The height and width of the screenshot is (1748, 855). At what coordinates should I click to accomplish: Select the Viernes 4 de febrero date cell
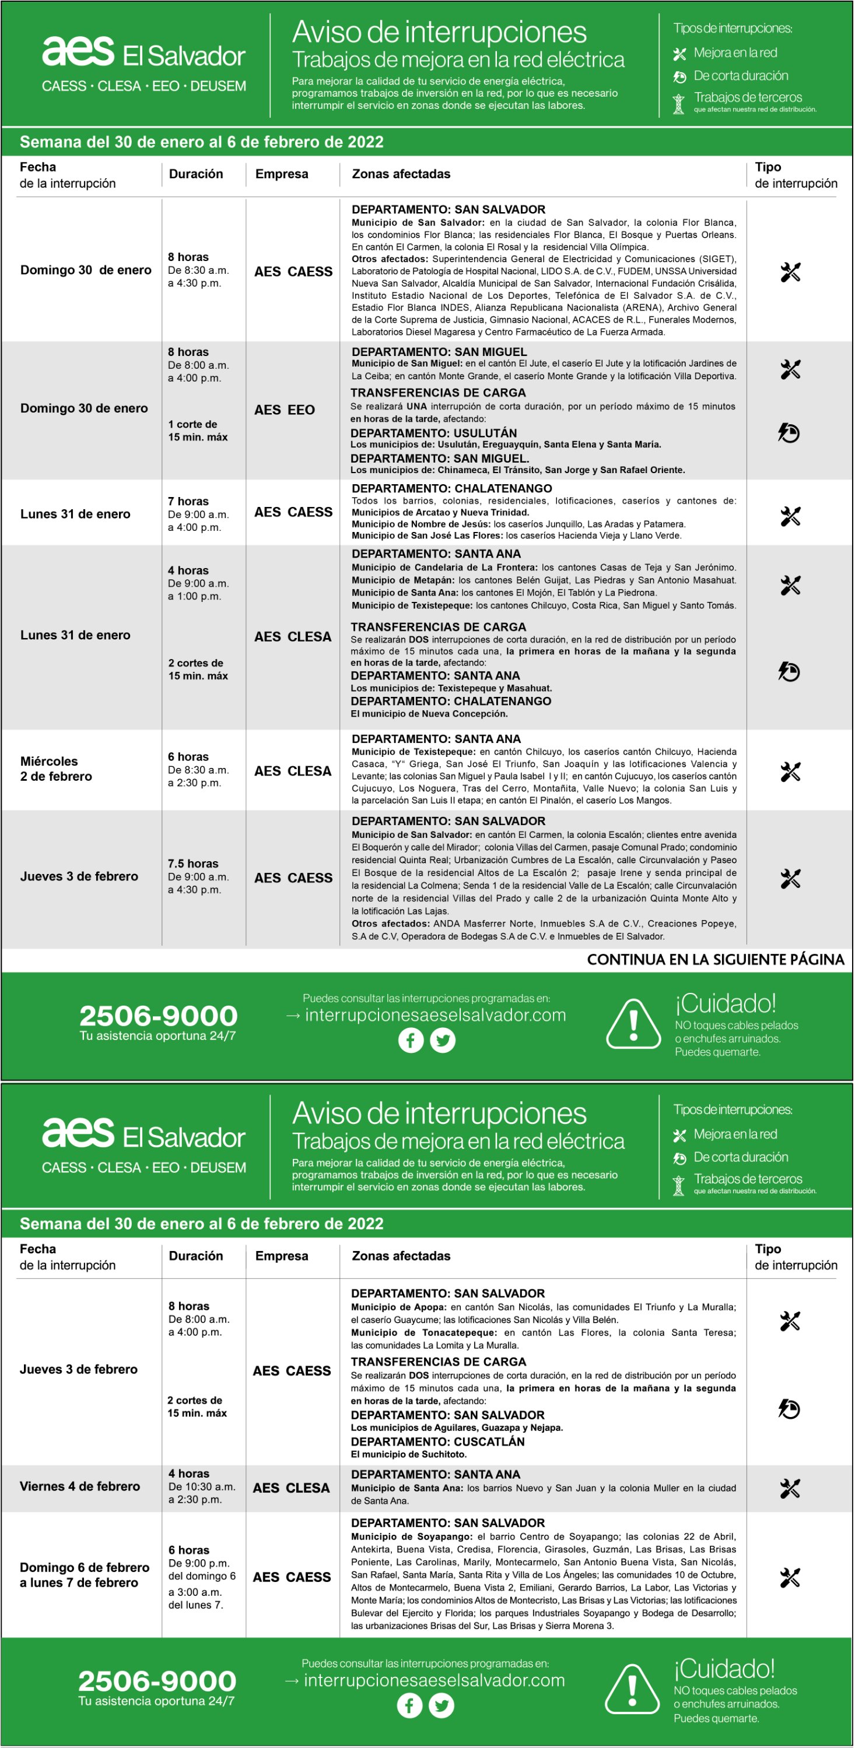pos(79,1486)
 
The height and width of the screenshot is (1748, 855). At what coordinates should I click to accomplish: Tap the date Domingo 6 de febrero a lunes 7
pos(84,1574)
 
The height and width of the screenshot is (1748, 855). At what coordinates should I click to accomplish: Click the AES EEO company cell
pos(285,410)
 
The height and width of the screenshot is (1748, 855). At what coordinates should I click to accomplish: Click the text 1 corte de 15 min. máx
pos(198,430)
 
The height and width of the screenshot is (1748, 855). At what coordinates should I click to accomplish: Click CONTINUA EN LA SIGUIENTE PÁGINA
pos(715,959)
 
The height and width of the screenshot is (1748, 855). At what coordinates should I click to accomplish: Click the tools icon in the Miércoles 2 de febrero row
pos(790,771)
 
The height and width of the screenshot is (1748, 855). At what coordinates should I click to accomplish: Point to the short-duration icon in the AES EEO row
pos(789,432)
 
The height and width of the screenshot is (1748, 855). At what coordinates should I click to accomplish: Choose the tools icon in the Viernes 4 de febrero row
pos(790,1488)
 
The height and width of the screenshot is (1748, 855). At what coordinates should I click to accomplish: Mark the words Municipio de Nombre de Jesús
pos(421,524)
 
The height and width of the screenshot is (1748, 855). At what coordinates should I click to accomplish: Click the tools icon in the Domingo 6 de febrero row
pos(790,1577)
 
